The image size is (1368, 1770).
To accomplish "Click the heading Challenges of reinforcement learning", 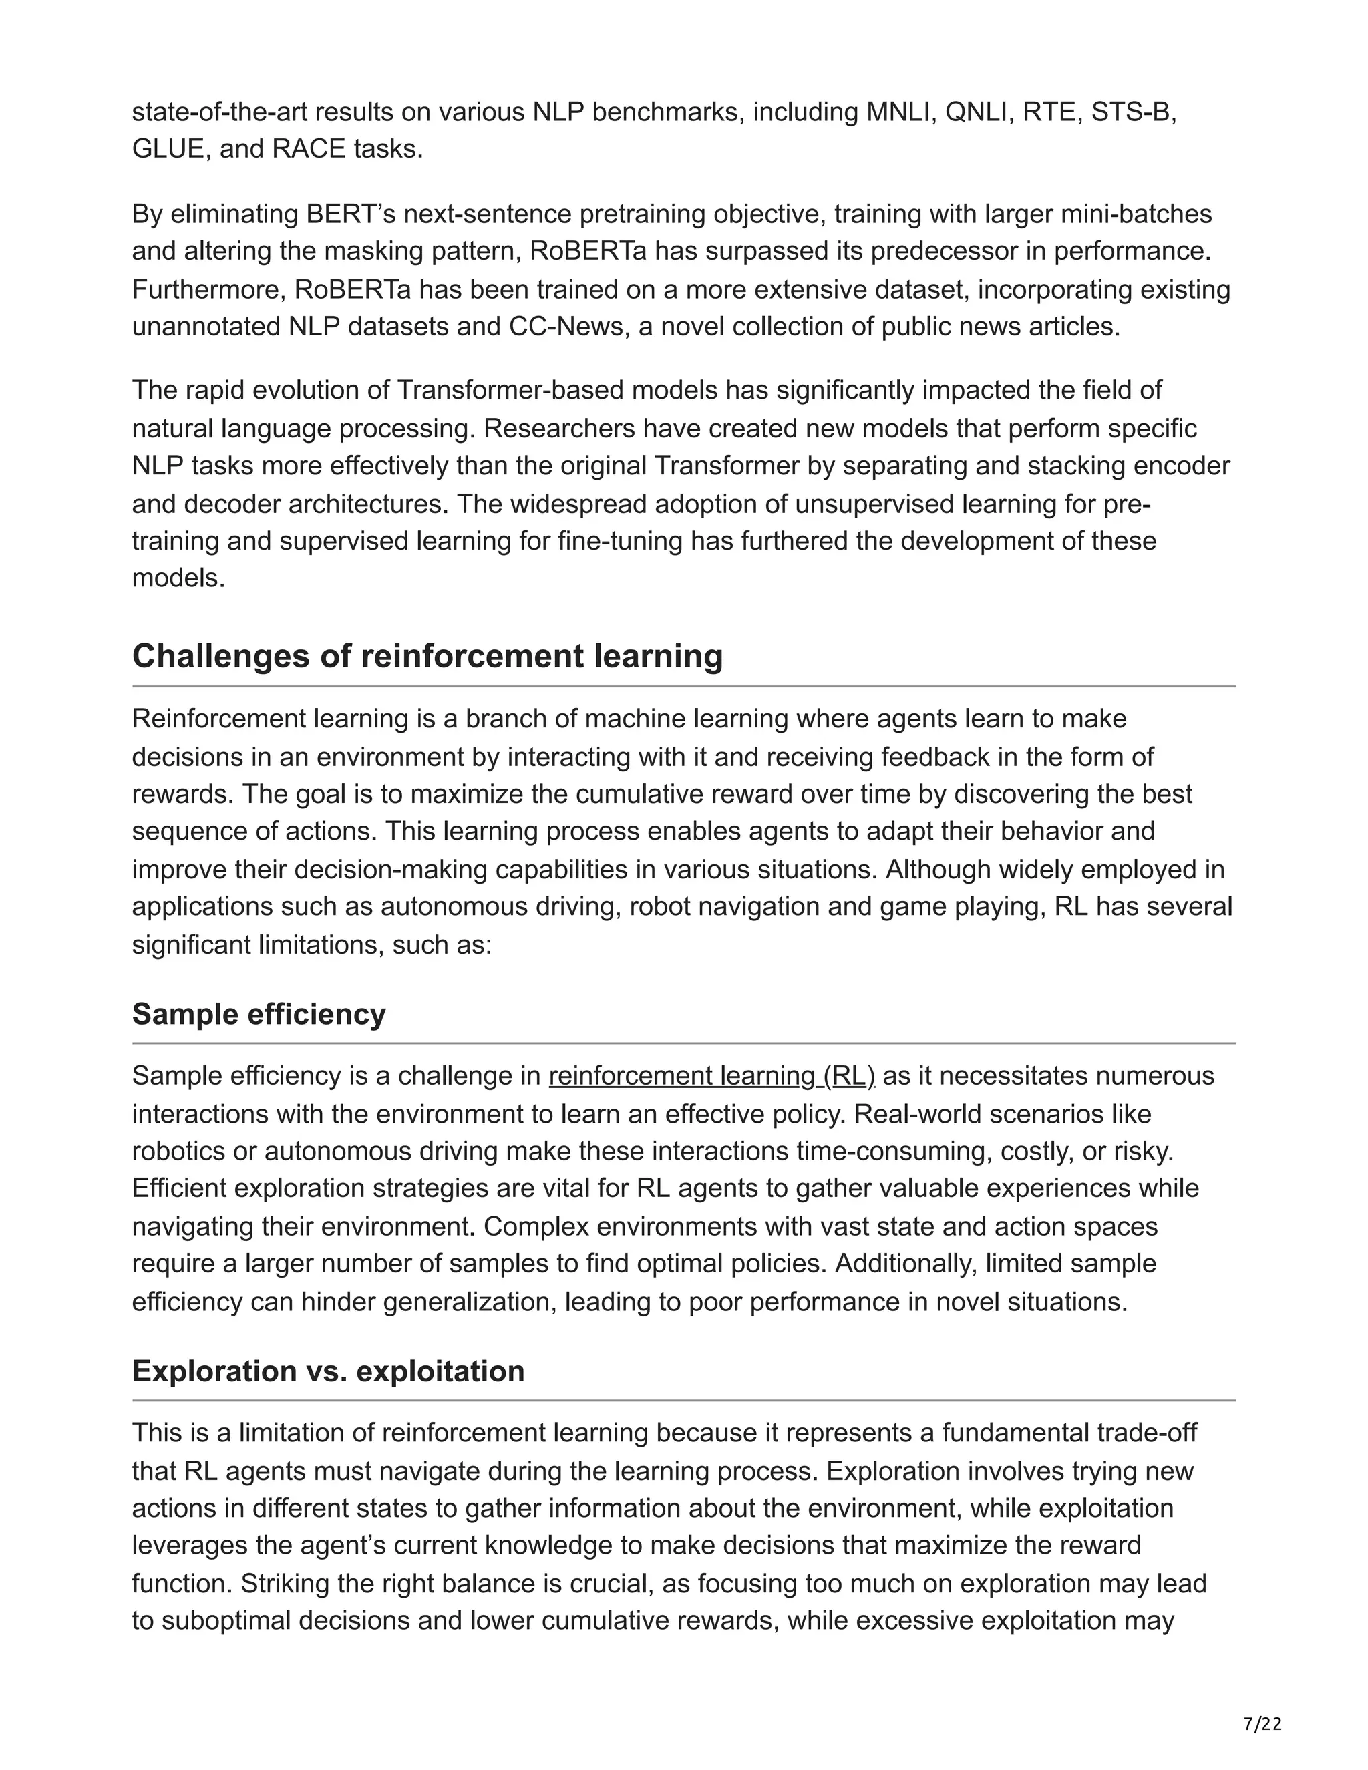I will [427, 656].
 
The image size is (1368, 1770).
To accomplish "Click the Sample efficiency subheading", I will [259, 1014].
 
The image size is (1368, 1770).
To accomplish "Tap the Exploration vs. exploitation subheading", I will [328, 1371].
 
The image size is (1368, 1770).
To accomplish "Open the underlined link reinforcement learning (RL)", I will [711, 1075].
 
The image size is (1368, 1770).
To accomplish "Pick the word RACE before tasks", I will [309, 149].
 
